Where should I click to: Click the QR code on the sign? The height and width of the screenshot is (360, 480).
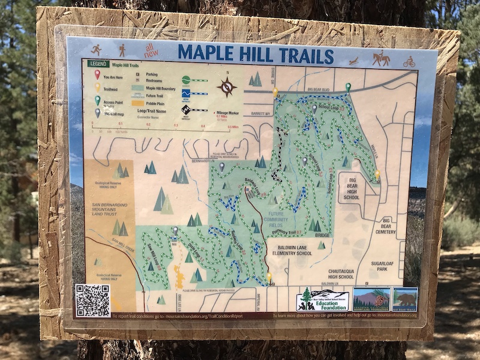pos(92,301)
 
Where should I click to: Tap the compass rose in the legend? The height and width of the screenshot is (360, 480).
pos(227,87)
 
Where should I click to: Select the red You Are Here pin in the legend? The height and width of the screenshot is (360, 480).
pos(97,75)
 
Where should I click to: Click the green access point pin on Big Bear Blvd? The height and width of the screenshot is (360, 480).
pos(348,88)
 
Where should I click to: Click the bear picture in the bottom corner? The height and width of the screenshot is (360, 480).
pos(405,298)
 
